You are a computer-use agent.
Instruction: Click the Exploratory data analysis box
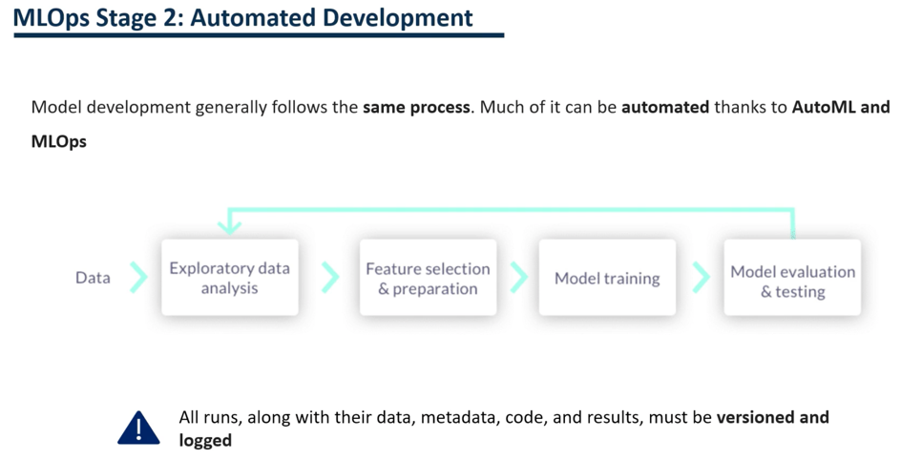coord(229,278)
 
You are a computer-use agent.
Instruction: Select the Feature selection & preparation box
coord(428,278)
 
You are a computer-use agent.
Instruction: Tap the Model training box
coord(607,278)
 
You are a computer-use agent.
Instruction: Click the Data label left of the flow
coord(93,278)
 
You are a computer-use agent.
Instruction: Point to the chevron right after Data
coord(139,278)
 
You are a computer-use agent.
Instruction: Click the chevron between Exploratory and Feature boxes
coord(330,278)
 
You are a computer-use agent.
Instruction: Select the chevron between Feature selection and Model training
coord(518,278)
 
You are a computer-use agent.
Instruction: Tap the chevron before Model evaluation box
coord(701,278)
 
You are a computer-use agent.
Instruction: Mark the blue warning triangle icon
coord(139,429)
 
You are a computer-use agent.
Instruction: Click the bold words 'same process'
coord(416,107)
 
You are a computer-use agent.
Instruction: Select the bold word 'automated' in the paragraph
coord(665,107)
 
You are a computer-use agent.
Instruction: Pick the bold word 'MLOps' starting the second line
coord(59,141)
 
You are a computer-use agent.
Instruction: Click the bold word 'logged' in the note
coord(205,440)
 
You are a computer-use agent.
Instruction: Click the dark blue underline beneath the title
coord(258,36)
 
